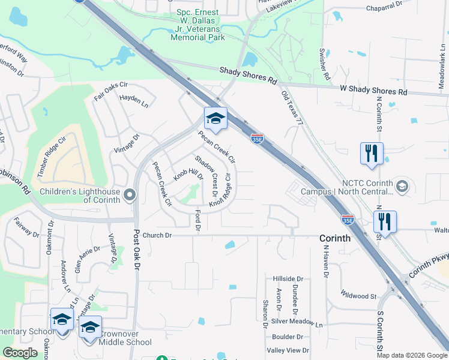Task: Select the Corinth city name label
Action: coord(334,238)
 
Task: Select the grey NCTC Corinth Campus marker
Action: coord(402,186)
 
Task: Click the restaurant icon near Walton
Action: coord(385,221)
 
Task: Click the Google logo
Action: coord(20,353)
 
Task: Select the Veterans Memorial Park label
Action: coord(197,29)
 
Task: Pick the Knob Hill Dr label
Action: coord(188,175)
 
